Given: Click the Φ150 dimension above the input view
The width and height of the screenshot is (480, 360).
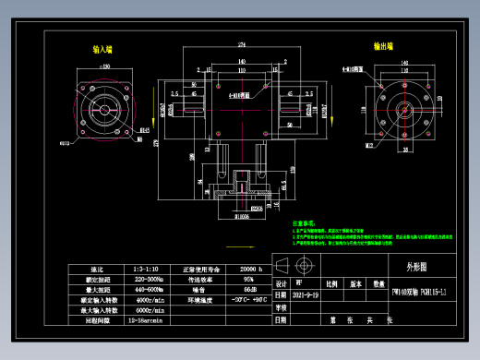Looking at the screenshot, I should [x=104, y=66].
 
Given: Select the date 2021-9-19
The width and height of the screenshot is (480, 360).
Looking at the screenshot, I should [x=306, y=294].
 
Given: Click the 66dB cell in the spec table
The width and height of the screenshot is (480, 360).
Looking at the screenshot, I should [x=236, y=289].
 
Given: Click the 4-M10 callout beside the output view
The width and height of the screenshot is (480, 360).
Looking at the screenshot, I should [x=352, y=68].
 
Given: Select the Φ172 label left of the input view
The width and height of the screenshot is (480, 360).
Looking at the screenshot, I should [x=66, y=144].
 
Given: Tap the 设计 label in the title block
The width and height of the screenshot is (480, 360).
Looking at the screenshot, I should [x=282, y=284].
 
